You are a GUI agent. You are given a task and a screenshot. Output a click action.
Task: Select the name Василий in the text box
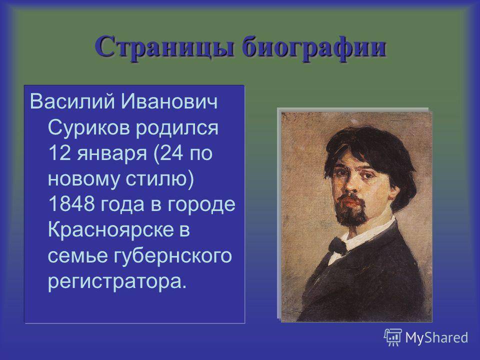point(72,101)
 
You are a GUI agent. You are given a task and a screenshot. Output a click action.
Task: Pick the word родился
point(177,128)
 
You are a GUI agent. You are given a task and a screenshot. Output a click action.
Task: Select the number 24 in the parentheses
point(171,153)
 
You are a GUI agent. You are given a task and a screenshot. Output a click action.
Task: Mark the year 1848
point(71,204)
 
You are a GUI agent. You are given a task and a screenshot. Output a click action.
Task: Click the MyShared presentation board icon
point(393,337)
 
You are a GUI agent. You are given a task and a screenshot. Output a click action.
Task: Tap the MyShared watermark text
point(436,338)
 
